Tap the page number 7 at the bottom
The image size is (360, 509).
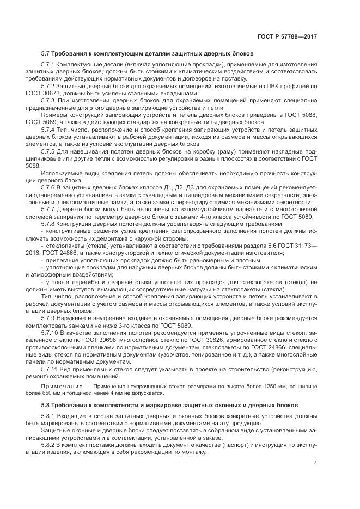(315, 463)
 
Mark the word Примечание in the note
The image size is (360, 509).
(59, 385)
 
